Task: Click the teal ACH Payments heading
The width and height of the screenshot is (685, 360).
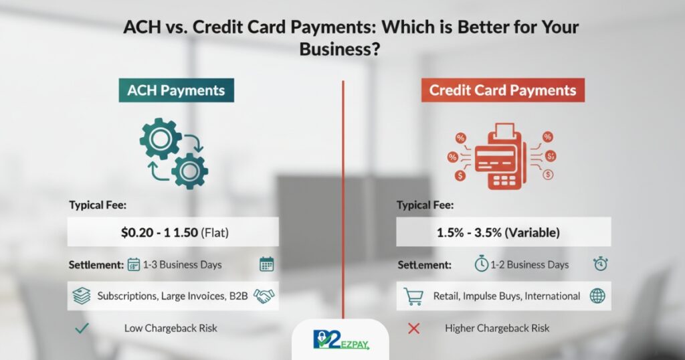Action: [177, 89]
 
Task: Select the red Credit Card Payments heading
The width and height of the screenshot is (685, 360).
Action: [502, 90]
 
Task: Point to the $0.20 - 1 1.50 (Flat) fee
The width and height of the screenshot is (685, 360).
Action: [173, 232]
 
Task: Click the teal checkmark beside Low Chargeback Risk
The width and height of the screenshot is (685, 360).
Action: [82, 328]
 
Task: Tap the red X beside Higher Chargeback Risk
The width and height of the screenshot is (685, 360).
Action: [413, 328]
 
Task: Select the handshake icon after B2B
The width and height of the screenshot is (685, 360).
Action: [264, 296]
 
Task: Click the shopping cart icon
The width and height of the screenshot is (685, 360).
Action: [413, 296]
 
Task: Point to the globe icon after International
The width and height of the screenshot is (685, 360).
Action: [597, 296]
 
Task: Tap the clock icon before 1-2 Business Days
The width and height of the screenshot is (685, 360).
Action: [481, 264]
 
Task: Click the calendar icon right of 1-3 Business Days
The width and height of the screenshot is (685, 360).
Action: [266, 264]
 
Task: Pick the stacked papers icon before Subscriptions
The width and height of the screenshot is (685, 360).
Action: [82, 296]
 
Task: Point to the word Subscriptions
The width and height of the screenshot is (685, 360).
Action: [126, 296]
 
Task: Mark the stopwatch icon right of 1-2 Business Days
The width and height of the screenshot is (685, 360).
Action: [599, 264]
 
